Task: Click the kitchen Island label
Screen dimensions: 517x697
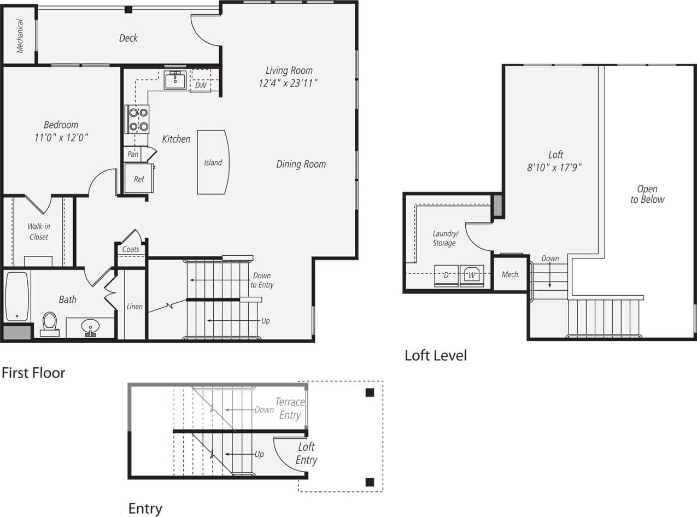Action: click(x=213, y=162)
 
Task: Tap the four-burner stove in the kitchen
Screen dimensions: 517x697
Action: click(x=137, y=119)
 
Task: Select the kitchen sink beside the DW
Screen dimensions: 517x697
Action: click(x=175, y=80)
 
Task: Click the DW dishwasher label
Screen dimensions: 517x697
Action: click(x=200, y=85)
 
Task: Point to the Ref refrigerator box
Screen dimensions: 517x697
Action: click(x=139, y=179)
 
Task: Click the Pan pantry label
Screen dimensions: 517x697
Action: click(x=133, y=155)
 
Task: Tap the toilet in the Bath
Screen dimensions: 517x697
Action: click(x=50, y=324)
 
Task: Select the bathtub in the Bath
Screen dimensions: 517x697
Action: click(x=17, y=297)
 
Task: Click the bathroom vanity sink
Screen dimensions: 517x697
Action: click(x=90, y=328)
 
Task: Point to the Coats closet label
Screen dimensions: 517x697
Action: click(x=131, y=249)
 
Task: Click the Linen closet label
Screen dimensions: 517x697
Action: click(x=134, y=307)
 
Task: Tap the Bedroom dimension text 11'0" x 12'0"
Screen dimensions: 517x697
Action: click(x=61, y=138)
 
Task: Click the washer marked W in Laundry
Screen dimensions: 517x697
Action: click(x=472, y=275)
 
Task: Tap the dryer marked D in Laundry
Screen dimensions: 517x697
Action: click(x=446, y=275)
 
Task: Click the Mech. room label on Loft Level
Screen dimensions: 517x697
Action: click(x=511, y=274)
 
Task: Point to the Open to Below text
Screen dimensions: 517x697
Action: click(x=647, y=195)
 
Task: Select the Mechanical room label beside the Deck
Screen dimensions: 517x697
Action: click(x=20, y=36)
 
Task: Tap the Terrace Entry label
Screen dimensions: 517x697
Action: click(x=289, y=408)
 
